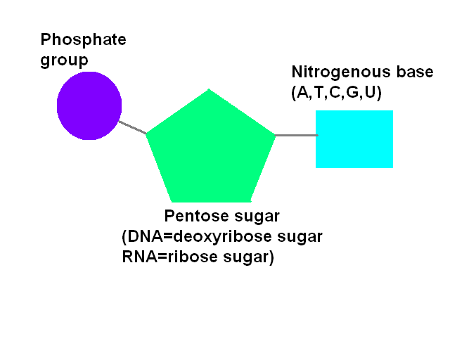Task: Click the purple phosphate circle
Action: (x=89, y=106)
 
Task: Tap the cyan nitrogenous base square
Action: (x=354, y=139)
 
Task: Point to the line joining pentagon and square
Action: (x=295, y=134)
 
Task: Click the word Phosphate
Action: (x=83, y=40)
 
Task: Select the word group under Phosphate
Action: (x=64, y=60)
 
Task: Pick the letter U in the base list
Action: (x=369, y=93)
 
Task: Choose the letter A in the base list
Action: (x=302, y=93)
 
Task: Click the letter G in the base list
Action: (x=352, y=93)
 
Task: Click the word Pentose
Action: (x=195, y=216)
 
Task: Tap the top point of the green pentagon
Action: (x=209, y=91)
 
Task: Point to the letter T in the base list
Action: (x=319, y=93)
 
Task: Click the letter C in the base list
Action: (x=335, y=93)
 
